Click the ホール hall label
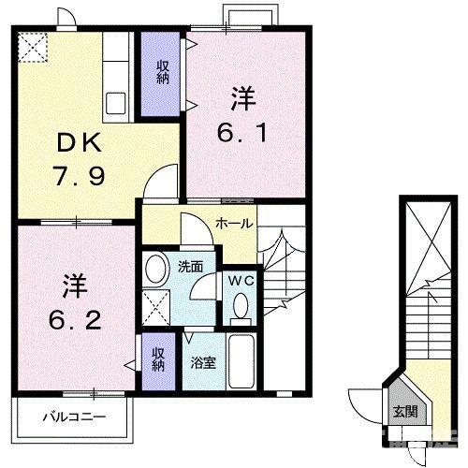(x=232, y=223)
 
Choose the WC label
(x=239, y=278)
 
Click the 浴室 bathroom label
(x=204, y=361)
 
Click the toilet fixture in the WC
(x=241, y=305)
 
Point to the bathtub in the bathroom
(x=241, y=361)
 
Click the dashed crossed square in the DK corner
(x=35, y=47)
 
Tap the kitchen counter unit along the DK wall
(x=117, y=75)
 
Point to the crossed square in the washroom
(x=157, y=305)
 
